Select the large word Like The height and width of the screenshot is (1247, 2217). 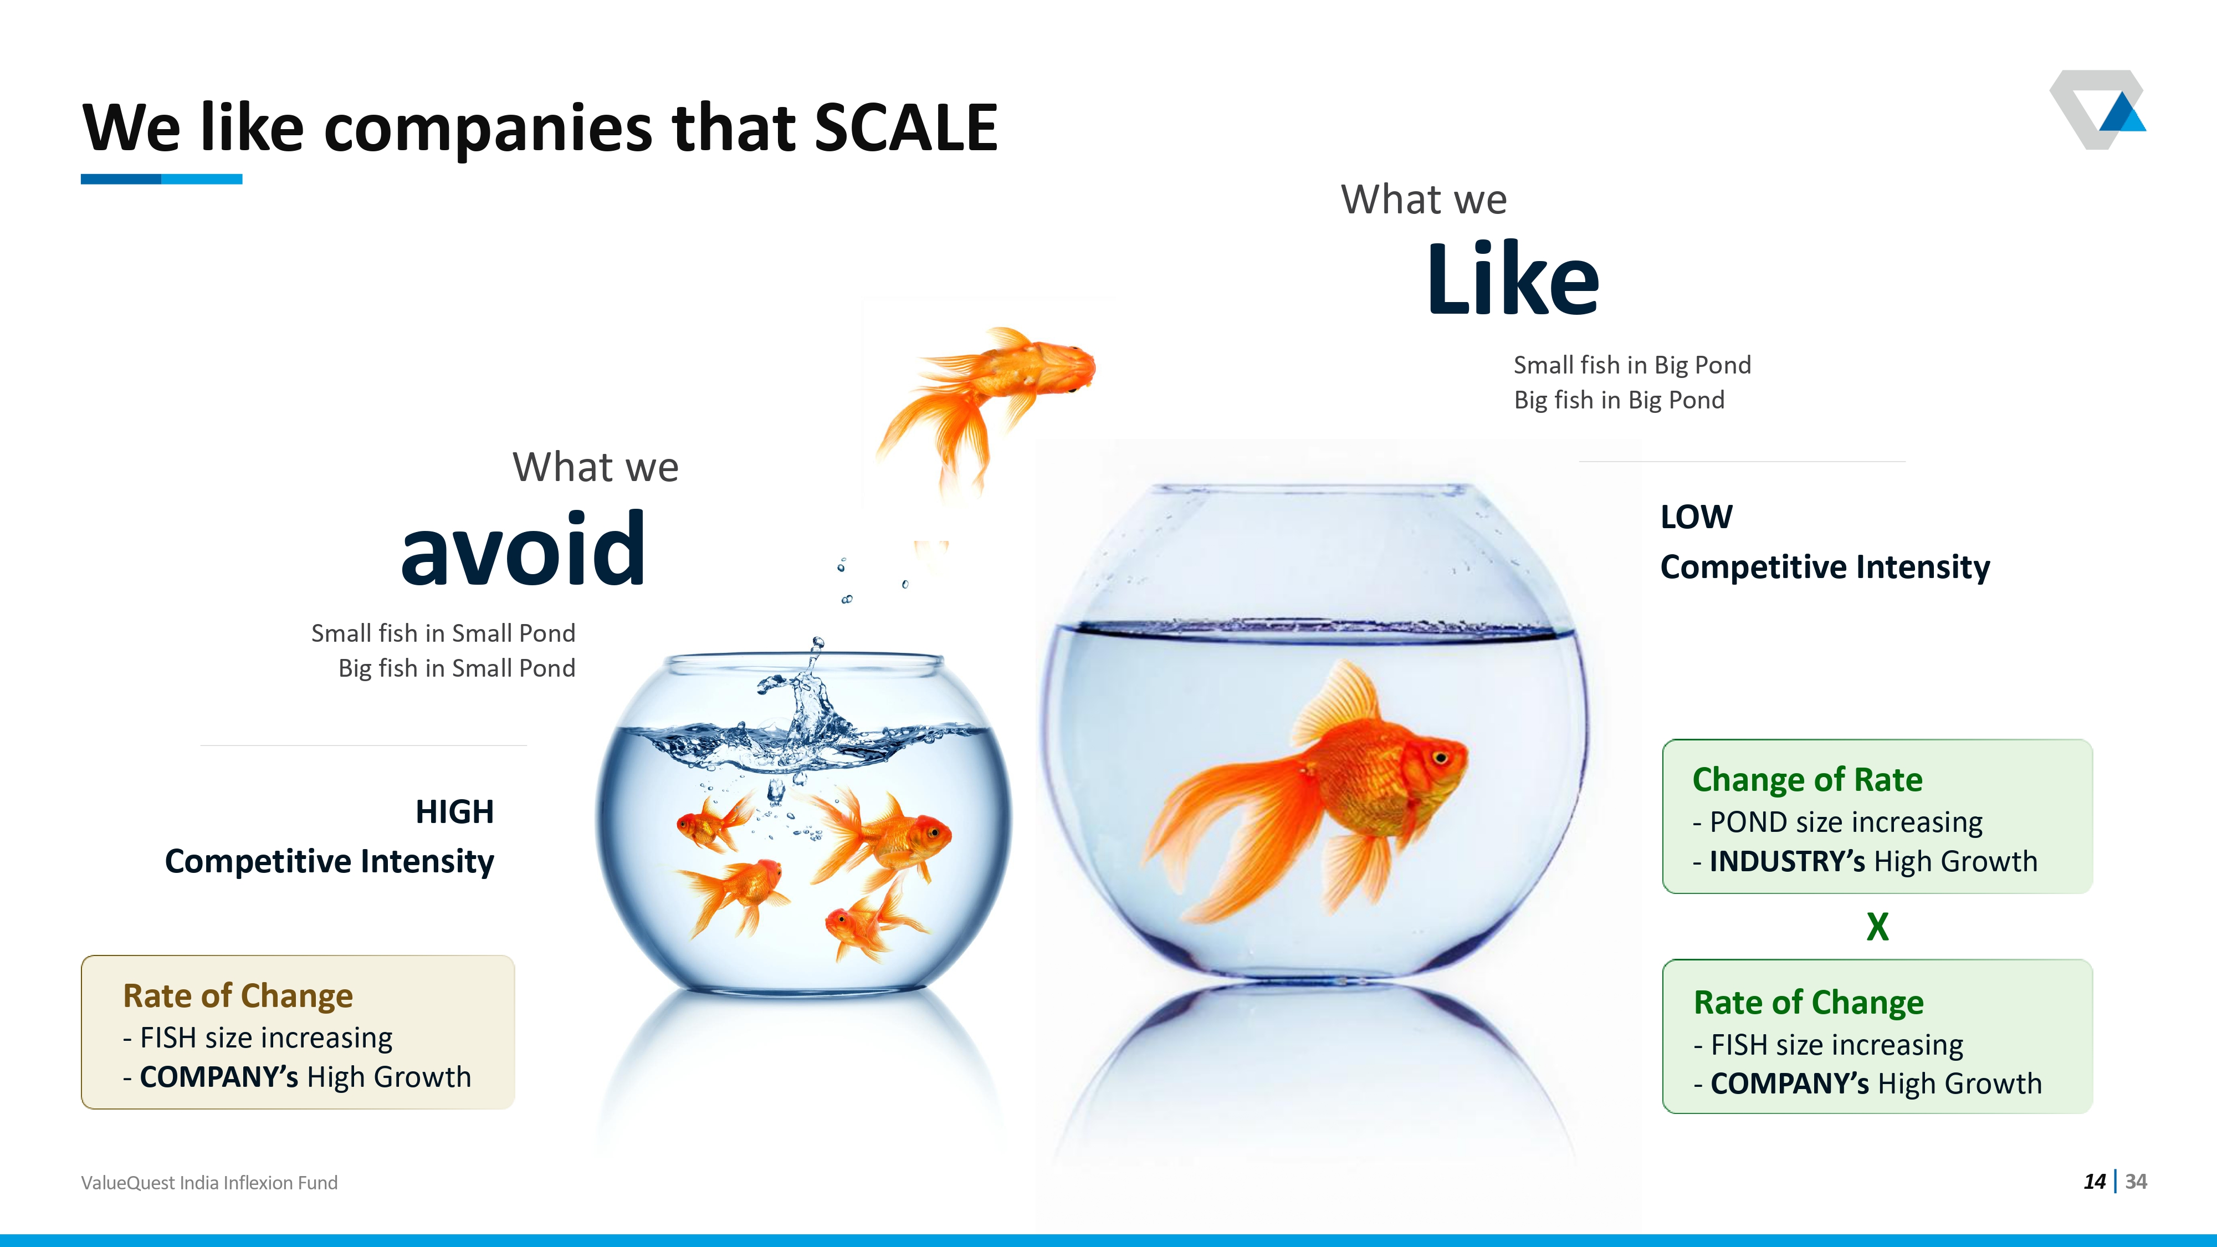click(1513, 278)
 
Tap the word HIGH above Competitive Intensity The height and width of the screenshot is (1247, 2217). click(454, 811)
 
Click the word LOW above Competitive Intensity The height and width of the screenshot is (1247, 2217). click(1696, 517)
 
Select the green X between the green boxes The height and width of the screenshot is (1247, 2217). click(1878, 927)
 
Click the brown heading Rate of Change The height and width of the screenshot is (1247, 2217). click(238, 996)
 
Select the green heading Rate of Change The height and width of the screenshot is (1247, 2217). click(1808, 1003)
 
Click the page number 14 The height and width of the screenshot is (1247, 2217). click(2095, 1182)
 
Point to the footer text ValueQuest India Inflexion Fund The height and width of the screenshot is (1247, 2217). click(209, 1183)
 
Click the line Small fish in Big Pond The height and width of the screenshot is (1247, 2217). click(1632, 365)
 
